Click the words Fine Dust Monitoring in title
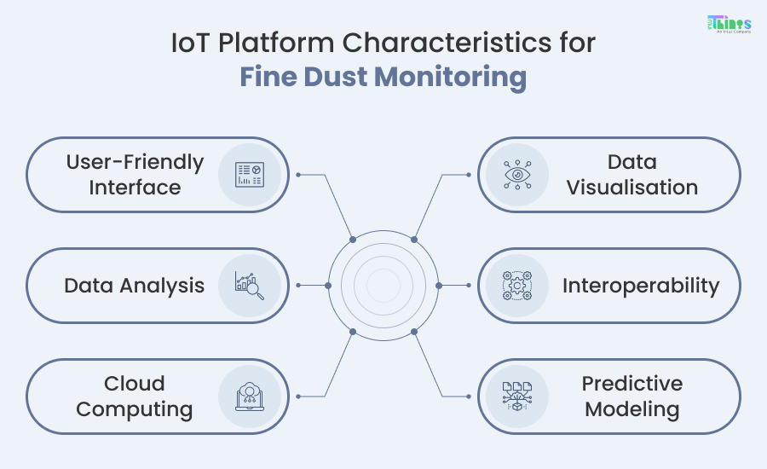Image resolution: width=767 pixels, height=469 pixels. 383,78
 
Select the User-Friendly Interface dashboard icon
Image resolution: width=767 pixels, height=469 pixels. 251,175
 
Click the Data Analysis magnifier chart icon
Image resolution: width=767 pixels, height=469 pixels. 251,286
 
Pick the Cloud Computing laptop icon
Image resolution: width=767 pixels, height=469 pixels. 251,397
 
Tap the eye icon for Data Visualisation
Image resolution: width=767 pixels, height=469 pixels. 516,175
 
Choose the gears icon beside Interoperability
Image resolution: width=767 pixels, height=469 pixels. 516,286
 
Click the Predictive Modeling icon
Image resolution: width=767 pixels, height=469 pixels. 516,397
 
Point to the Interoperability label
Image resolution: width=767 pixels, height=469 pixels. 641,286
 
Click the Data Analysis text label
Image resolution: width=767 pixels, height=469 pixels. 135,286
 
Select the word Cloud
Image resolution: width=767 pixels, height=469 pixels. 135,384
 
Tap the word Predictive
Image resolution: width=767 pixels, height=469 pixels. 632,384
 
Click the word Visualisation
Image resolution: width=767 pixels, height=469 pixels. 632,188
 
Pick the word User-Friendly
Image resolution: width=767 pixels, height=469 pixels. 135,162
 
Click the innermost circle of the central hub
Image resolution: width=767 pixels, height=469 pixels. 383,286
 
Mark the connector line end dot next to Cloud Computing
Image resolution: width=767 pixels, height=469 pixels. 298,397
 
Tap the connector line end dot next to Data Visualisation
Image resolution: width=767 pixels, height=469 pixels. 469,175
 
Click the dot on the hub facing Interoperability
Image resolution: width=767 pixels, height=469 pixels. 439,286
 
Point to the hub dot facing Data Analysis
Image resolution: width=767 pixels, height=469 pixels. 328,286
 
